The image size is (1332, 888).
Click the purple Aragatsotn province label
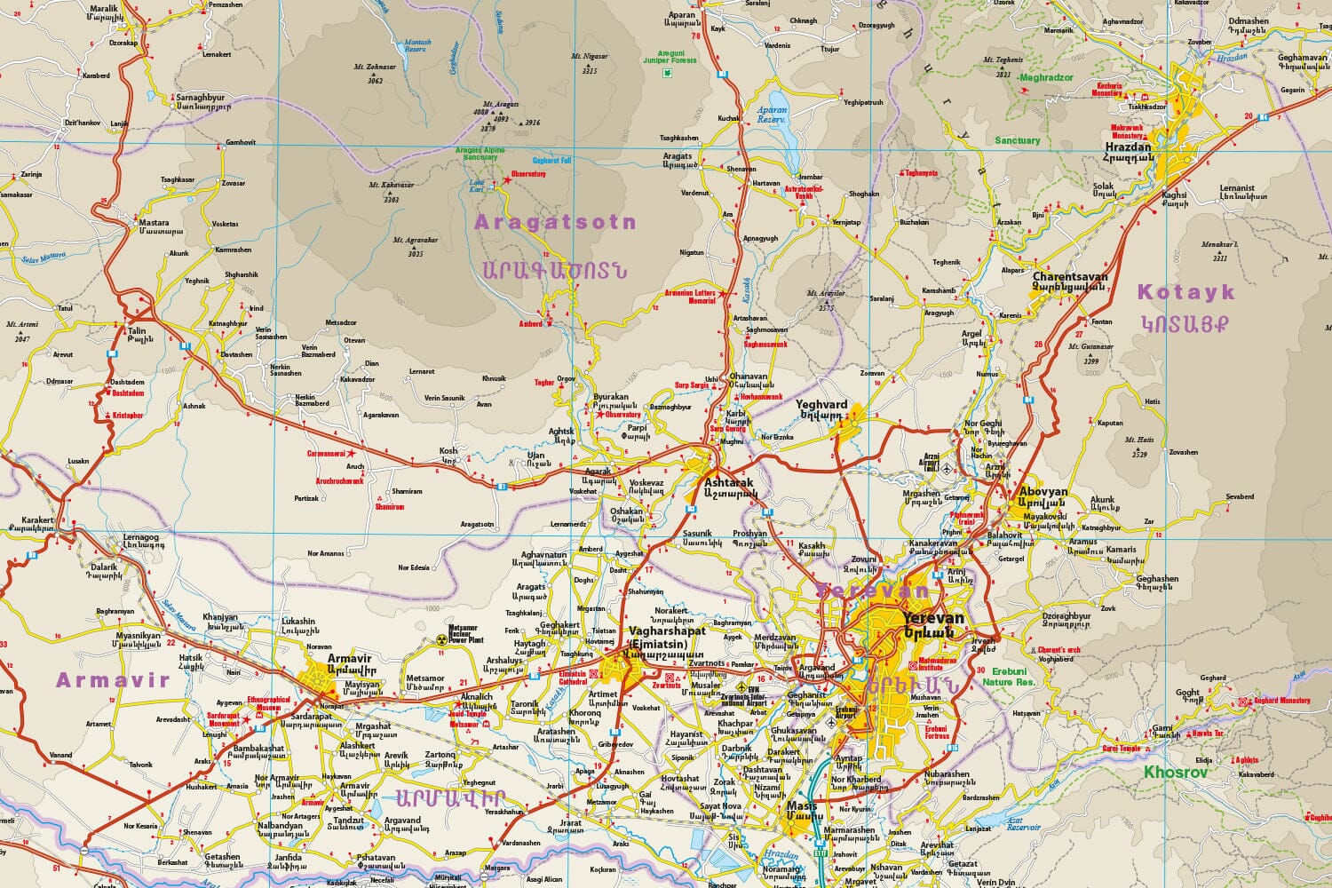[556, 222]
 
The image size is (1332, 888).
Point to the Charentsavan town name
[1070, 277]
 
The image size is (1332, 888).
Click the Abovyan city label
[1043, 491]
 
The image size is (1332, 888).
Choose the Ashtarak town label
[727, 481]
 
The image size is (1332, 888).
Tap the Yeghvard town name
[822, 404]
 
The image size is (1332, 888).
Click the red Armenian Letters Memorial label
[690, 297]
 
